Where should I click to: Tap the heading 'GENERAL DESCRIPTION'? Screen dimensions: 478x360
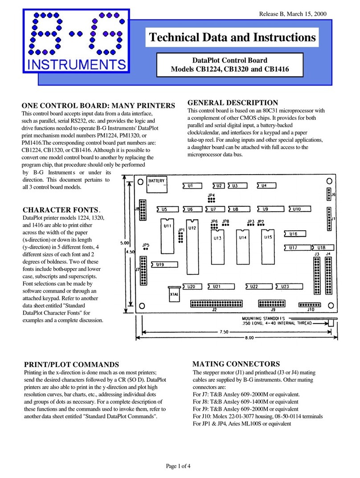pyautogui.click(x=233, y=102)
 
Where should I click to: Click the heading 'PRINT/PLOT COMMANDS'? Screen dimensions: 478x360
pyautogui.click(x=71, y=364)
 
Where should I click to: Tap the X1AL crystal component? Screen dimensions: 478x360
pyautogui.click(x=175, y=294)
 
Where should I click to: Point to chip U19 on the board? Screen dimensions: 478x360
pyautogui.click(x=160, y=264)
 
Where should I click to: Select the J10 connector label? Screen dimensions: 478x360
pyautogui.click(x=311, y=310)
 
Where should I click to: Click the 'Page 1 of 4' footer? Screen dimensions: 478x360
pyautogui.click(x=180, y=466)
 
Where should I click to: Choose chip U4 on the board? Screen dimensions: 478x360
pyautogui.click(x=264, y=185)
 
